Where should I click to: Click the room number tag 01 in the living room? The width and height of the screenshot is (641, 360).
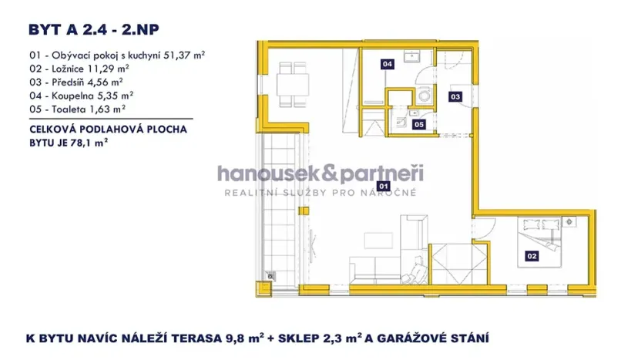(384, 186)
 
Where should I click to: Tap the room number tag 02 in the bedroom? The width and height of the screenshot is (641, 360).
(531, 256)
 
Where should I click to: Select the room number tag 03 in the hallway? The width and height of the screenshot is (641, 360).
(455, 97)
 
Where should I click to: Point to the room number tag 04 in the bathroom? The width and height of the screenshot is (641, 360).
(387, 65)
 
